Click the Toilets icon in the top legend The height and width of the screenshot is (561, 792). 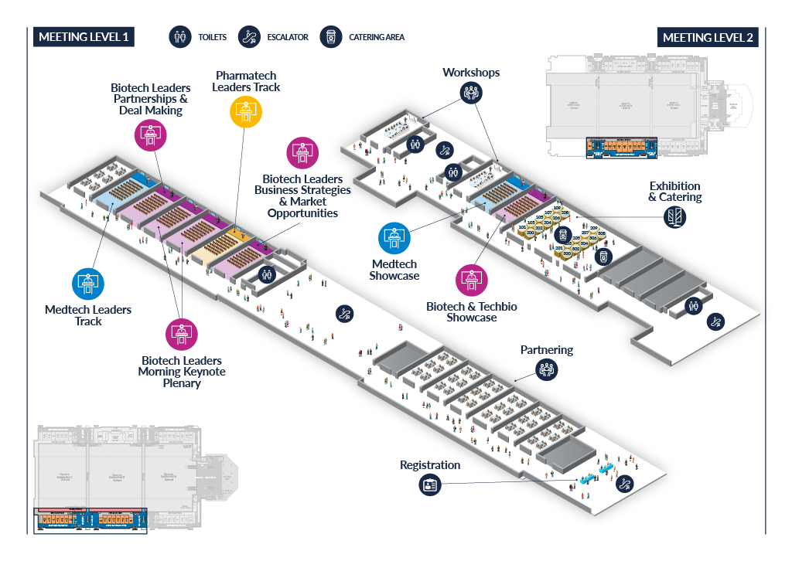[x=179, y=37]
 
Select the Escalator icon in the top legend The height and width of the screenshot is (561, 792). [x=249, y=37]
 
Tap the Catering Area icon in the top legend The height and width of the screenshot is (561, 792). [x=331, y=37]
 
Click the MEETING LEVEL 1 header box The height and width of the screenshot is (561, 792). [x=84, y=37]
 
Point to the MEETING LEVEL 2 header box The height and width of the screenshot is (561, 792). [x=708, y=38]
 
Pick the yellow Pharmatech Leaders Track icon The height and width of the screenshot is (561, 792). [x=247, y=110]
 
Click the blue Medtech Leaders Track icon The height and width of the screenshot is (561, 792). [x=87, y=284]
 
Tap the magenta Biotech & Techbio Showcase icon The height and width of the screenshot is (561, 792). [x=471, y=280]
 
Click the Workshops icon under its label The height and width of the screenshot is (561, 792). [x=471, y=93]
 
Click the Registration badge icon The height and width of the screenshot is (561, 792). [x=430, y=485]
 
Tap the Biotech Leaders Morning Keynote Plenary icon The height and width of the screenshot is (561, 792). [x=182, y=334]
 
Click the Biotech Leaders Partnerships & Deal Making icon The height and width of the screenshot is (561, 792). [x=149, y=134]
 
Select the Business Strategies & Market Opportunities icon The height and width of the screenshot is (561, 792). [x=302, y=153]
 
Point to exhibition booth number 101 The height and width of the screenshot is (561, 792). [x=522, y=227]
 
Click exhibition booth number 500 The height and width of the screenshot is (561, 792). [x=567, y=253]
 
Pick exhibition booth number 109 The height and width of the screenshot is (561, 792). [x=557, y=208]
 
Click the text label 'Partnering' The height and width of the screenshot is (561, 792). [x=547, y=350]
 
